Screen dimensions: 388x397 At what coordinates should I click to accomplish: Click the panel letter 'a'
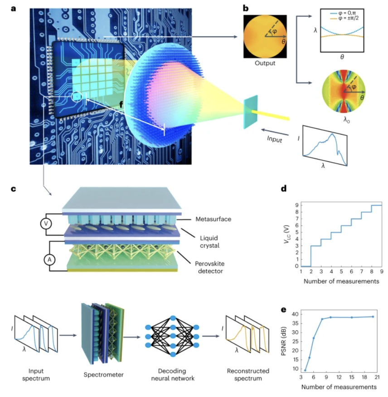[14, 9]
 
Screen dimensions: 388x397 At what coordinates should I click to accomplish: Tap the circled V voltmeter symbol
[46, 223]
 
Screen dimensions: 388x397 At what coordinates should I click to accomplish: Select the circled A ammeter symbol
[49, 260]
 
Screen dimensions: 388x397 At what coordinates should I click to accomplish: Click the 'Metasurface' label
[213, 219]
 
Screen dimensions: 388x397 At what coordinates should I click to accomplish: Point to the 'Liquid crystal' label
[209, 242]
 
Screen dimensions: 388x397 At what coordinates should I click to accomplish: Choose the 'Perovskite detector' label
[210, 267]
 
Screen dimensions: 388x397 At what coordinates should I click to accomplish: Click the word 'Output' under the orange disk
[265, 63]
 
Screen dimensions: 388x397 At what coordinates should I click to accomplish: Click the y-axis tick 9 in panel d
[296, 205]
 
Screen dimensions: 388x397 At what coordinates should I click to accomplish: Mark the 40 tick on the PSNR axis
[295, 314]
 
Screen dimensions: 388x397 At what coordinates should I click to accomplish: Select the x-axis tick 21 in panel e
[377, 377]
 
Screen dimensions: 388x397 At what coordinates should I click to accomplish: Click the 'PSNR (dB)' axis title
[284, 341]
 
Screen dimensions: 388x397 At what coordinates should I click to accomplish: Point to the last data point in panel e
[373, 316]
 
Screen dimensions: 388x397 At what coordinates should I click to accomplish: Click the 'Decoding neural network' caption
[173, 374]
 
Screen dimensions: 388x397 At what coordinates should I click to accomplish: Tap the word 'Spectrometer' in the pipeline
[104, 375]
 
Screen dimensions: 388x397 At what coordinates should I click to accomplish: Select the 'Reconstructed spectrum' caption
[248, 374]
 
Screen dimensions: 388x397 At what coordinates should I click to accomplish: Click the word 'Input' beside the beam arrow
[275, 139]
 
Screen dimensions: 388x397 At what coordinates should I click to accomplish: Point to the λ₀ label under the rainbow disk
[346, 120]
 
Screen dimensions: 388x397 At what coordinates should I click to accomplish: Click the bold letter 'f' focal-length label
[121, 104]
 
